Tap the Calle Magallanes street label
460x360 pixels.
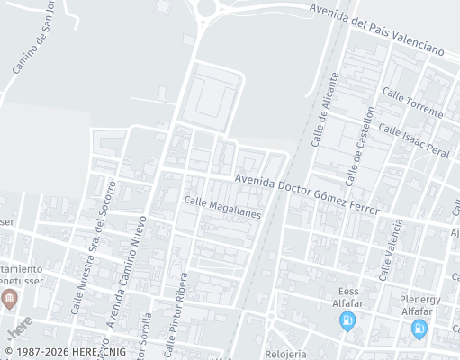pos(222,208)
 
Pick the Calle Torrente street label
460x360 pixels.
pos(412,103)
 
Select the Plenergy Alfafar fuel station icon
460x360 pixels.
pos(419,329)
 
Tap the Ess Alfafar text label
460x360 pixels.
pos(347,297)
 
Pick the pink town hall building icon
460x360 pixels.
pos(10,299)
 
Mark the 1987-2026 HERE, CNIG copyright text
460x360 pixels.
pos(65,352)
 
